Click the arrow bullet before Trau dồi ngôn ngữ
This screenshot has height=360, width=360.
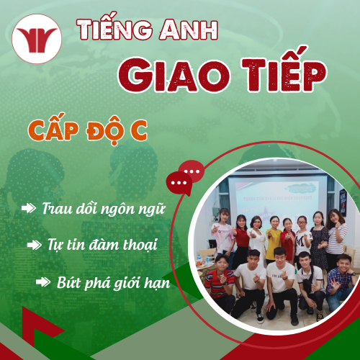pos(29,208)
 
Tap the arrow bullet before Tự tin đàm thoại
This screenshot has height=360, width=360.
pos(34,245)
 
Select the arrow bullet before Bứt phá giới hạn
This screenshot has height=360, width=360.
pos(43,282)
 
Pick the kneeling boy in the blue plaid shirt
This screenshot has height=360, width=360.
pos(336,277)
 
